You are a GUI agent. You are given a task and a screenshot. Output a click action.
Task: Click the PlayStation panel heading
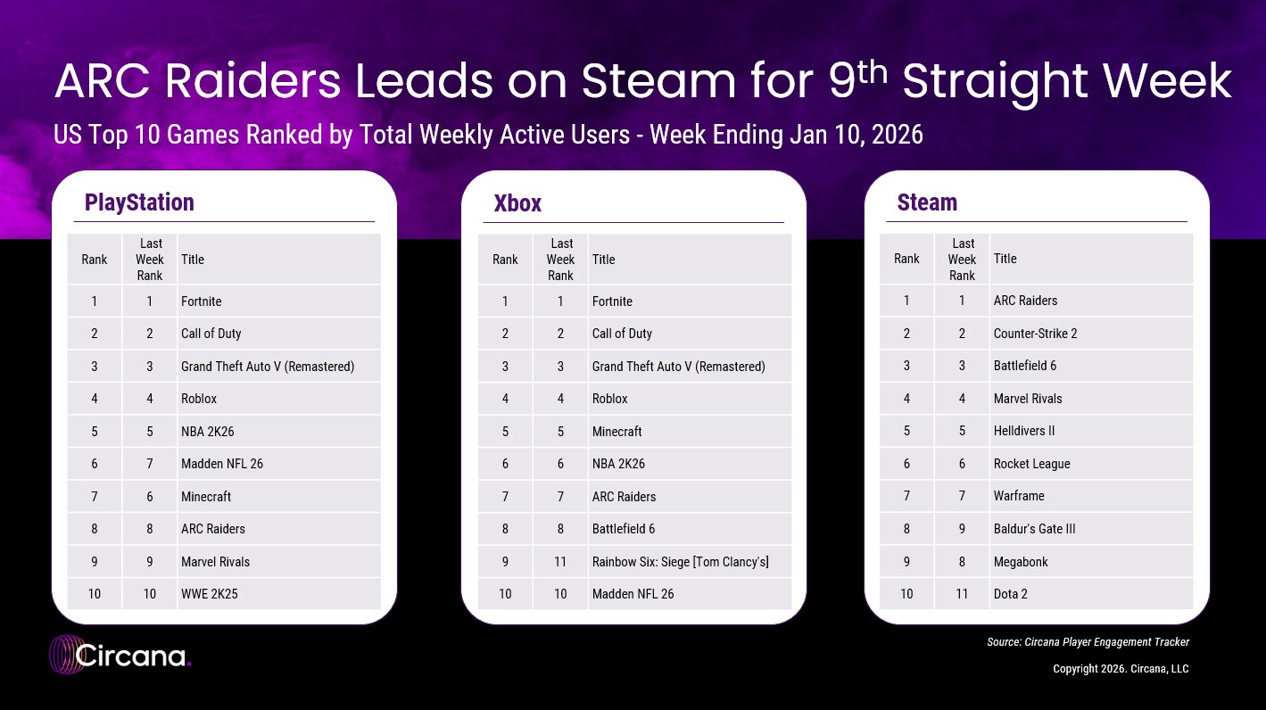coord(139,202)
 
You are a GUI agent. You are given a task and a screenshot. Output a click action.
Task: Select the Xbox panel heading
coord(517,203)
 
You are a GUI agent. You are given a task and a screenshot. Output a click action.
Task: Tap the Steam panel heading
coord(927,202)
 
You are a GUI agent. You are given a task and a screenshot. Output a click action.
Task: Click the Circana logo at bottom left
coord(120,656)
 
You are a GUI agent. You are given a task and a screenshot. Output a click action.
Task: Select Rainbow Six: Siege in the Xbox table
coord(680,562)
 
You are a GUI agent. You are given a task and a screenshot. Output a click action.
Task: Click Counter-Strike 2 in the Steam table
coord(1035,334)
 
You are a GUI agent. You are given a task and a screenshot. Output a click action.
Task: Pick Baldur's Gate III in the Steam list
coord(1034,529)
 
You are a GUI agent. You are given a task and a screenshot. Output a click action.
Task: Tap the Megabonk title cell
coord(1021,562)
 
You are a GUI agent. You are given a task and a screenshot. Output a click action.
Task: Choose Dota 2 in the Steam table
coord(1011,594)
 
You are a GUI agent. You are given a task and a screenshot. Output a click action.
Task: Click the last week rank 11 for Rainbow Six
coord(560,562)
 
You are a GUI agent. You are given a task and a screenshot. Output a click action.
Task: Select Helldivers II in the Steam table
coord(1024,431)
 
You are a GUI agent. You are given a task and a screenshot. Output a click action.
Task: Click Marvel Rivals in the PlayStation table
coord(215,562)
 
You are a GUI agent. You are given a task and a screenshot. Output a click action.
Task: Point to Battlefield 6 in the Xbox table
coord(624,529)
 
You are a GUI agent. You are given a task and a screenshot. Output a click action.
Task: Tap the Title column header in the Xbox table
coord(603,260)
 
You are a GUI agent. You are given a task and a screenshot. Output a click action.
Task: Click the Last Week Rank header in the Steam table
coord(963,259)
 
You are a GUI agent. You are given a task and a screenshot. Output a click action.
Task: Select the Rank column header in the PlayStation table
coord(94,260)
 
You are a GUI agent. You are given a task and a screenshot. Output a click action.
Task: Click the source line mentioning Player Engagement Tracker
coord(1088,642)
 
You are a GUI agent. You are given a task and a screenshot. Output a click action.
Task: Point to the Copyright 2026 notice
coord(1121,669)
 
